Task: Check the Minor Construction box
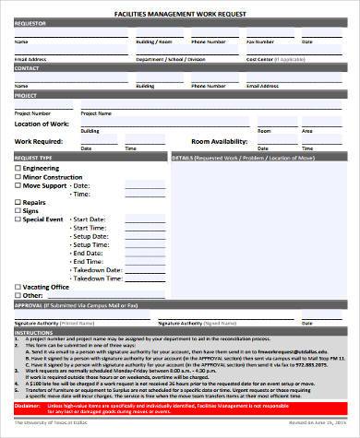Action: tap(18, 178)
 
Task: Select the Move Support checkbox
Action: tap(18, 186)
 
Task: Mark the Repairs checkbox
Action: tap(18, 203)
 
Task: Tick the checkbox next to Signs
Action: tap(18, 211)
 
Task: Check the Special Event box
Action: tap(18, 219)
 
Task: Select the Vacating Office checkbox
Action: tap(18, 286)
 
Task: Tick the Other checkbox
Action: tap(18, 294)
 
